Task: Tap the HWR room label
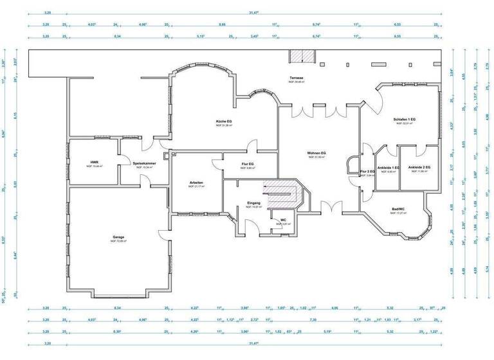pos(94,162)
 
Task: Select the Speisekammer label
pos(145,163)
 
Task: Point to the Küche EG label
pos(224,121)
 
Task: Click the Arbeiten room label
pos(196,183)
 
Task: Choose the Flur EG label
pos(248,164)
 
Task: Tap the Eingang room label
pos(253,203)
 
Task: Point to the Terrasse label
pos(296,78)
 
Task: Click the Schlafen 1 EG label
pos(405,120)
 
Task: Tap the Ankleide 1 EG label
pos(388,168)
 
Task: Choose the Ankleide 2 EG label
pos(419,167)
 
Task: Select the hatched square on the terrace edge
pos(299,56)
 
